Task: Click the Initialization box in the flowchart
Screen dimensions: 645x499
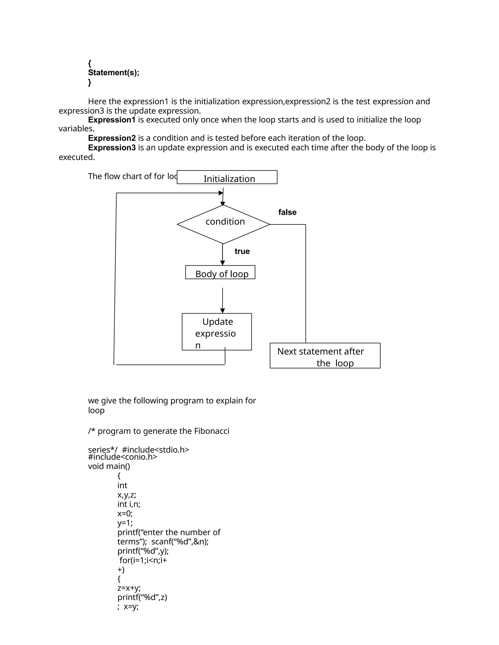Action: pos(227,177)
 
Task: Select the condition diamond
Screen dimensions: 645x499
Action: pos(223,224)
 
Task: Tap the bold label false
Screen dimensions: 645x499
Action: pos(287,212)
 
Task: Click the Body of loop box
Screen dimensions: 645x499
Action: pos(220,272)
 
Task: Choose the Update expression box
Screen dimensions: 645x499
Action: pos(217,332)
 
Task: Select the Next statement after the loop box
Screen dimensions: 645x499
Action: pos(325,356)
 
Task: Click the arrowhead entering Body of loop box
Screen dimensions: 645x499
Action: pos(223,263)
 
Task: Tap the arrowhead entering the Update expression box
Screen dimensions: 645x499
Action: pos(223,311)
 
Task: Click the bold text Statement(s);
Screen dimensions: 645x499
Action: pos(114,73)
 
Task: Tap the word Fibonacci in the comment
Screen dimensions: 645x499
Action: pos(211,431)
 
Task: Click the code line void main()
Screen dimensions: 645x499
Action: pos(109,466)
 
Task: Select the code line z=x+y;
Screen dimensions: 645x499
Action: pos(129,588)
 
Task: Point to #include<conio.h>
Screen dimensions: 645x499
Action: pos(122,457)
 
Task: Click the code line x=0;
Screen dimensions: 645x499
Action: pos(125,514)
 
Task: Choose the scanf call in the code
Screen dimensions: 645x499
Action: pos(180,542)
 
